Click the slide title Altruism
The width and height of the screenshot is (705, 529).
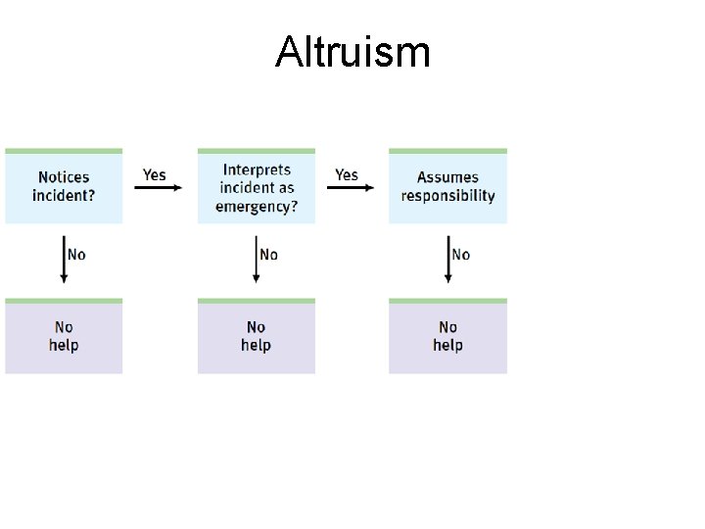[352, 51]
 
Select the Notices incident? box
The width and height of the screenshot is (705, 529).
[64, 186]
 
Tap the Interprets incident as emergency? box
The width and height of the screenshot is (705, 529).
[256, 186]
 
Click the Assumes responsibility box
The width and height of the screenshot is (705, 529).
[447, 186]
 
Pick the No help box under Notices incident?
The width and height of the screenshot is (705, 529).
[64, 336]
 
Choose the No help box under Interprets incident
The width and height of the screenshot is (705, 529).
[256, 336]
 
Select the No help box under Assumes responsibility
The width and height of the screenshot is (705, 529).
[447, 336]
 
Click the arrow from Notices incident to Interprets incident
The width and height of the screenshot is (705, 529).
[157, 188]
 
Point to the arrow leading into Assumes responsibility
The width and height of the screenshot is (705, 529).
[349, 188]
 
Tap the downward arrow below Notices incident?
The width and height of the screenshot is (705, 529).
[64, 259]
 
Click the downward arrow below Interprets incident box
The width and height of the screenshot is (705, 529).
[256, 259]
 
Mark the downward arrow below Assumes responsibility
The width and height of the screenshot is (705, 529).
[447, 259]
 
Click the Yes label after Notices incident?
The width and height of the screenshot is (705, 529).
[155, 174]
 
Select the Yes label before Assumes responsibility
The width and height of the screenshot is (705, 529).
[347, 174]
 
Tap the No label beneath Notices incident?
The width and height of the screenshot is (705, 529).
[76, 255]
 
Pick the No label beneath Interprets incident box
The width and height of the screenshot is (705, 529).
[268, 255]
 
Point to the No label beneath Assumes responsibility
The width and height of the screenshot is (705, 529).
[460, 255]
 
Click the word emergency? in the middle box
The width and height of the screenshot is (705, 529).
[257, 206]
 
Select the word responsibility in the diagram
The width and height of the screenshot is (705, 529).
[447, 195]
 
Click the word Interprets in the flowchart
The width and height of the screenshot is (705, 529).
[257, 169]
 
